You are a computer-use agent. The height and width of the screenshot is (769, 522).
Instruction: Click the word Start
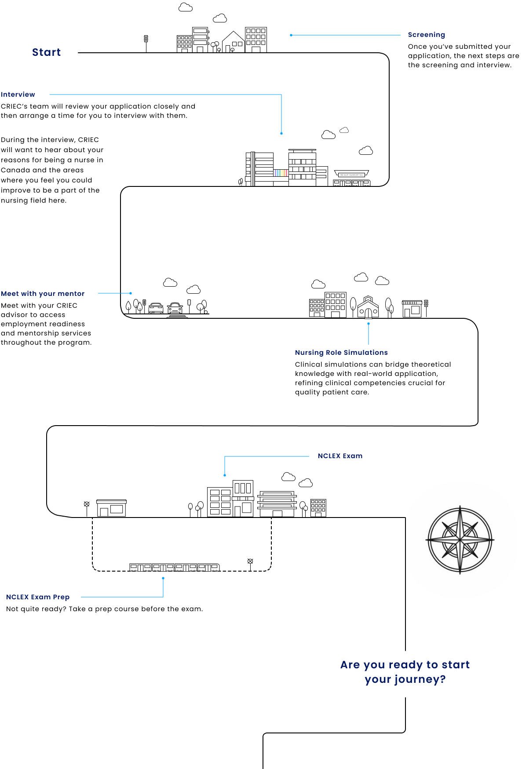[x=46, y=52]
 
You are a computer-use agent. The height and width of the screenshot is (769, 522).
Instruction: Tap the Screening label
[x=426, y=35]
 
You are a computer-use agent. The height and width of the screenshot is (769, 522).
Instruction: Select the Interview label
[x=18, y=95]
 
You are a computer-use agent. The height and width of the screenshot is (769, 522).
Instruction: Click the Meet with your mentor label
[x=43, y=294]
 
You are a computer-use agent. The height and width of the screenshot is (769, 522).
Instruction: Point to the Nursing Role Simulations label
[x=341, y=353]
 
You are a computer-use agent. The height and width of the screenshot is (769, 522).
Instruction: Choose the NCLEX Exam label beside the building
[x=340, y=456]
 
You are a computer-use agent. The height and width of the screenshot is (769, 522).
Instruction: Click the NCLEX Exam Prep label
[x=38, y=597]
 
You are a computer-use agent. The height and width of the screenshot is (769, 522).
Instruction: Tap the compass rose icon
[x=460, y=539]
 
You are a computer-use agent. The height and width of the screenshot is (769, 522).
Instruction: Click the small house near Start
[x=233, y=42]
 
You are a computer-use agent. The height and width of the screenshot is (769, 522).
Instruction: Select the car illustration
[x=175, y=307]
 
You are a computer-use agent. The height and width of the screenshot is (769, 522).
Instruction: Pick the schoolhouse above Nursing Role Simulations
[x=368, y=307]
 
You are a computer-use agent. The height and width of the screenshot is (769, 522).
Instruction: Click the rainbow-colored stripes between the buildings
[x=281, y=173]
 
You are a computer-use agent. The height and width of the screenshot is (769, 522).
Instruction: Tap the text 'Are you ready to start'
[x=405, y=665]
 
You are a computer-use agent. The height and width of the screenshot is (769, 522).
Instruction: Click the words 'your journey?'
[x=405, y=679]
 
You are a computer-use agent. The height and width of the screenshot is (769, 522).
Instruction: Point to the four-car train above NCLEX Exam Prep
[x=175, y=567]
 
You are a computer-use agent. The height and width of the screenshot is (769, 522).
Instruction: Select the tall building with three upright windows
[x=243, y=489]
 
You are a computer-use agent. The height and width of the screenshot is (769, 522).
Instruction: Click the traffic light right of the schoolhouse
[x=426, y=303]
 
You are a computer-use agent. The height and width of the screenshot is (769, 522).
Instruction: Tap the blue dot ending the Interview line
[x=281, y=133]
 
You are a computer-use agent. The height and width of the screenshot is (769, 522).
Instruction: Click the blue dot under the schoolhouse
[x=369, y=324]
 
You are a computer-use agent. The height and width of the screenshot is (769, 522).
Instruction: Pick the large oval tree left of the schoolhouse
[x=353, y=303]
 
